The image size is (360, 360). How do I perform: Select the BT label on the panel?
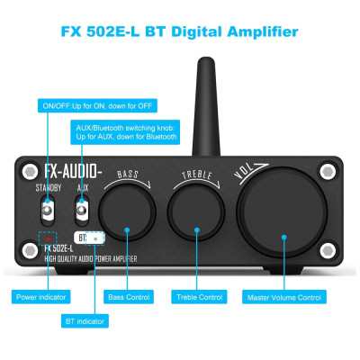coord(84,238)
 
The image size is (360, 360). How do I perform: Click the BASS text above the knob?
coord(127,173)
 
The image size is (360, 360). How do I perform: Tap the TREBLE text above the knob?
coord(197,173)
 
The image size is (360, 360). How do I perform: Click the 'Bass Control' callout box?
coord(129,296)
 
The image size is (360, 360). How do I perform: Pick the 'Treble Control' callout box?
coord(199,296)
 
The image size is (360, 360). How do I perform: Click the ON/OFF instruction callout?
coord(87,106)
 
